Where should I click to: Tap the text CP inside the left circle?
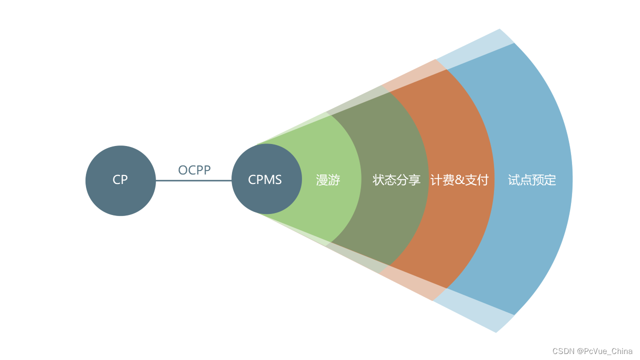120,179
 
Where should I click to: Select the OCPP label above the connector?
194,170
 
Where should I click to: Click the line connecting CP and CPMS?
193,180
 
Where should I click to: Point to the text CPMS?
265,179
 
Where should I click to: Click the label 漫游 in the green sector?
328,180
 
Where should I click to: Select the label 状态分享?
396,180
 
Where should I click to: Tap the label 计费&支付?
459,180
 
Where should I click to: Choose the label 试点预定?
532,180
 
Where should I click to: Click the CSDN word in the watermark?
563,351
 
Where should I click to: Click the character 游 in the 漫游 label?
334,180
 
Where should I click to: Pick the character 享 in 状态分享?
414,180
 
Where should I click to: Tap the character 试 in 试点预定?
514,180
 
